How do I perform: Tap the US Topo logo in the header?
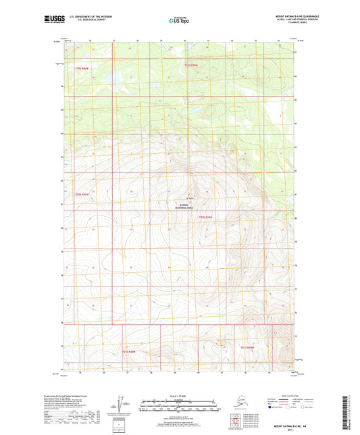pyautogui.click(x=179, y=21)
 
